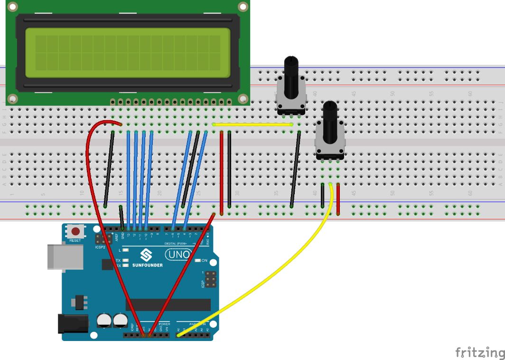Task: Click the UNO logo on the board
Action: point(178,255)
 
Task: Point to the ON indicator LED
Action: point(199,261)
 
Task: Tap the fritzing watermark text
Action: point(479,352)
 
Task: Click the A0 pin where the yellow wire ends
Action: point(178,335)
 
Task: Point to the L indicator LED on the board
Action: point(125,250)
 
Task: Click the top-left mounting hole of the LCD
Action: point(12,7)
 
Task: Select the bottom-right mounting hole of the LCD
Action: point(243,99)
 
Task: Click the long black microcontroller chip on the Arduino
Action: point(168,304)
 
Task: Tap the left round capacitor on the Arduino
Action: point(104,320)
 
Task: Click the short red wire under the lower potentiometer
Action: point(338,199)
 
